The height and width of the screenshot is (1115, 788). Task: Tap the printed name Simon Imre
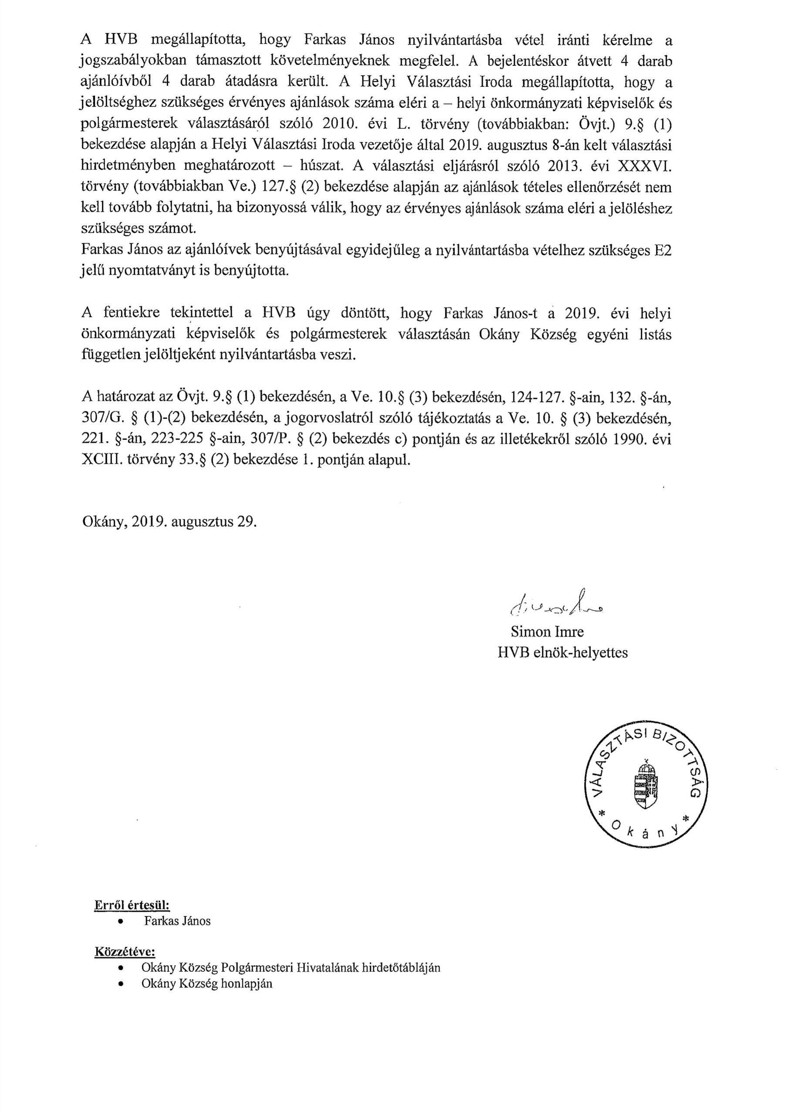pyautogui.click(x=547, y=632)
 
